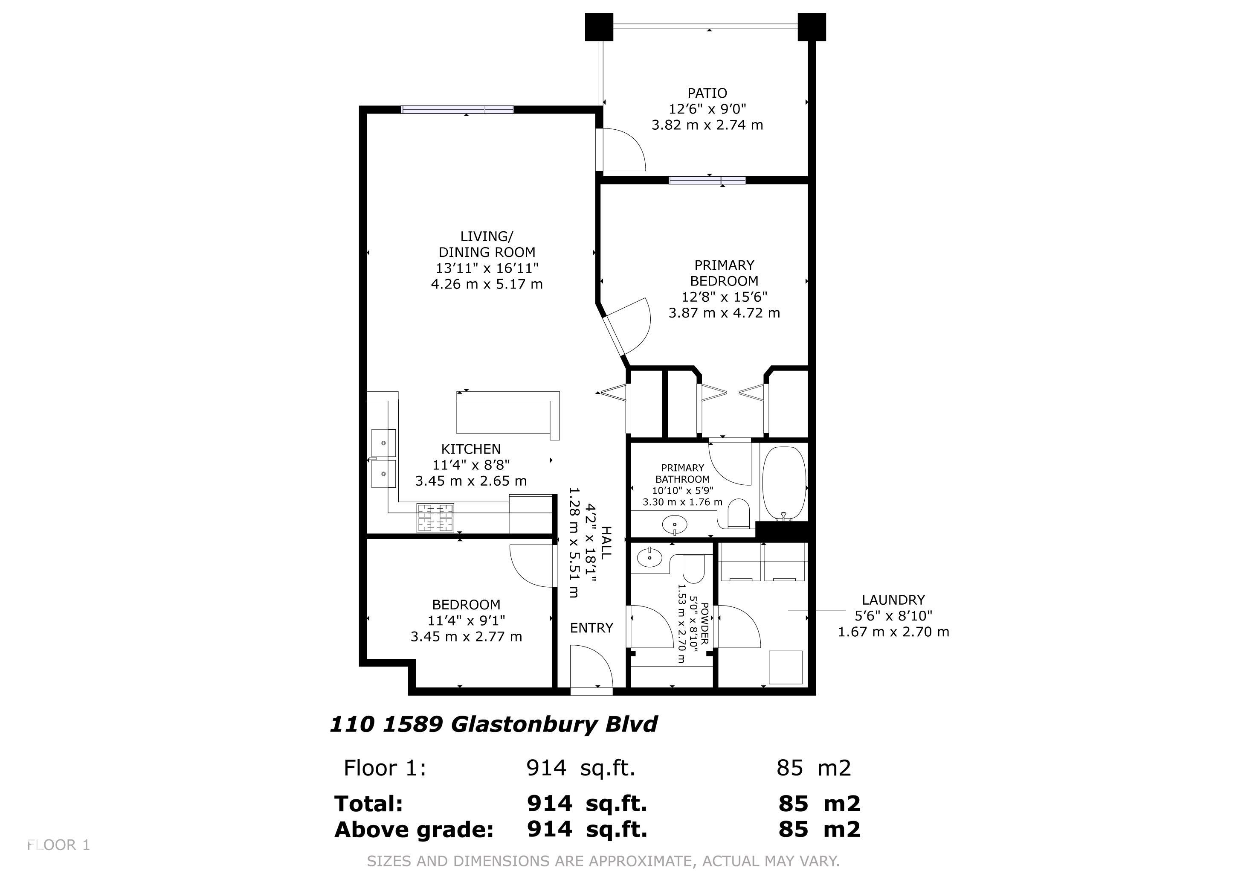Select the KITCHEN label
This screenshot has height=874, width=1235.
[471, 449]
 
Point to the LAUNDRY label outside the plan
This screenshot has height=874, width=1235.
[893, 600]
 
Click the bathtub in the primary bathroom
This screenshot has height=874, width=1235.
[785, 483]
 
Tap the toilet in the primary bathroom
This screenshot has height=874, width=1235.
[739, 513]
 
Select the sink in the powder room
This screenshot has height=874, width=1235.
[650, 557]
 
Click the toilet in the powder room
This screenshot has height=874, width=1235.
[693, 569]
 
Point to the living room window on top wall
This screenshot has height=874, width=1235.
[458, 110]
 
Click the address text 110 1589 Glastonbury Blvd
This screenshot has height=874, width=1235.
[493, 724]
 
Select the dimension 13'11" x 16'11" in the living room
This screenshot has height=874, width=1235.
[487, 268]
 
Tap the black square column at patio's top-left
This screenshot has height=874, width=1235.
[599, 27]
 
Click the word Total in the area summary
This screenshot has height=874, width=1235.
[368, 804]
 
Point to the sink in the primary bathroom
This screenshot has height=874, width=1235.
[675, 524]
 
